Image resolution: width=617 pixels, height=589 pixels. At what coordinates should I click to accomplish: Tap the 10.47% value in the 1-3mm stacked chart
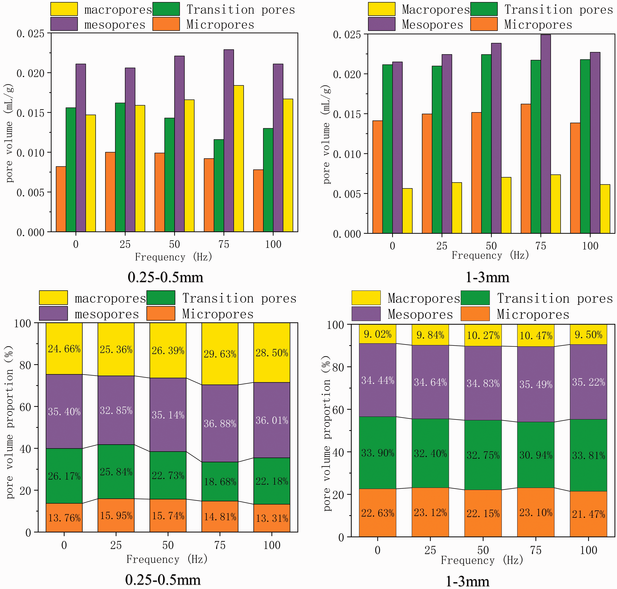pyautogui.click(x=536, y=336)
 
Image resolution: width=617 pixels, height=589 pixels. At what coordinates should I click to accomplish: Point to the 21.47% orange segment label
pyautogui.click(x=588, y=514)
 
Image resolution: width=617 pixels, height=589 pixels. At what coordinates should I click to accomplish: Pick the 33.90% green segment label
pyautogui.click(x=378, y=453)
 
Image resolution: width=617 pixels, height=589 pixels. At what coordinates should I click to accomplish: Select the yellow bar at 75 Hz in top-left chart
pyautogui.click(x=239, y=159)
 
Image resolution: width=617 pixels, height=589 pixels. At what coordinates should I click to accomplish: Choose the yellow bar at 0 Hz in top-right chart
pyautogui.click(x=407, y=211)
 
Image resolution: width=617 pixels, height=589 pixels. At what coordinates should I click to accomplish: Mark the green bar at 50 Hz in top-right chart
pyautogui.click(x=486, y=144)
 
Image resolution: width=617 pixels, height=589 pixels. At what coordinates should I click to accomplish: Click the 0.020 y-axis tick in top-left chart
pyautogui.click(x=30, y=73)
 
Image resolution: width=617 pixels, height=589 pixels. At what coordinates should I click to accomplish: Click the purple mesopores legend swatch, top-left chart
pyautogui.click(x=64, y=24)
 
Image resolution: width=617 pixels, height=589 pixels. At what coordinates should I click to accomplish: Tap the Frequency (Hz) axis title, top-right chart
pyautogui.click(x=490, y=255)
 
